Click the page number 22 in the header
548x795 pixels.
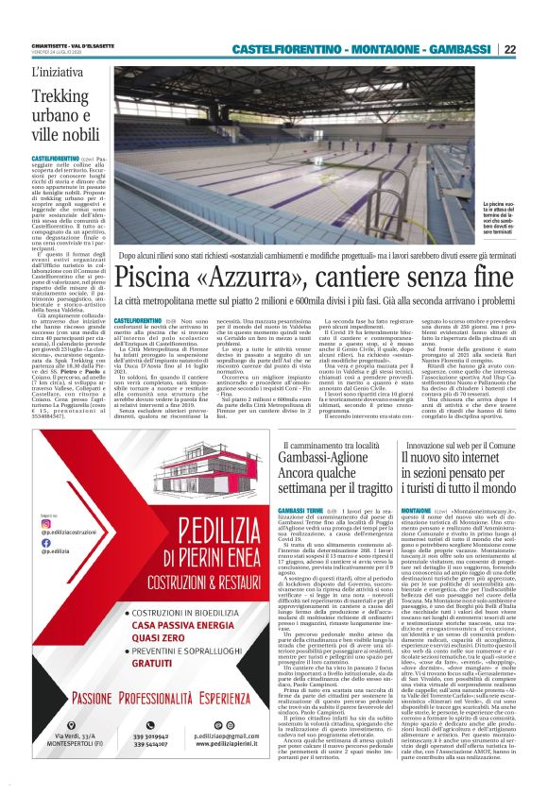point(535,50)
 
